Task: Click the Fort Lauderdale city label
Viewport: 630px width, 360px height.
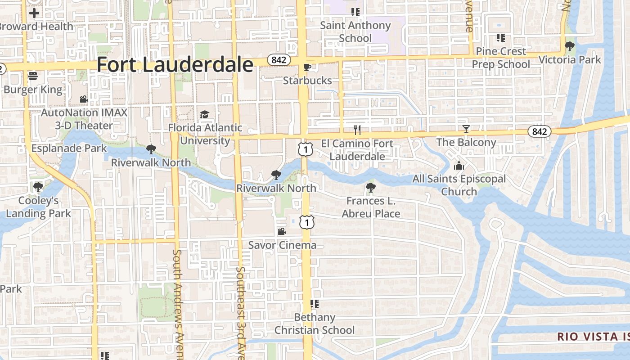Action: [175, 65]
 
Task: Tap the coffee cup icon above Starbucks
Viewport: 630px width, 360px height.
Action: [307, 67]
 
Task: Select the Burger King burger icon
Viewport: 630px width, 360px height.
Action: [33, 76]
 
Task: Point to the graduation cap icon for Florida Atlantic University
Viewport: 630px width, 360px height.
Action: [205, 114]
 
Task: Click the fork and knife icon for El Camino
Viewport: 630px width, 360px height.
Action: [357, 130]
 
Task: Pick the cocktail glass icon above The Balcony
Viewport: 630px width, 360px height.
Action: [466, 129]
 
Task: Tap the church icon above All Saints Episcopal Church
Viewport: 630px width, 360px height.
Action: [459, 166]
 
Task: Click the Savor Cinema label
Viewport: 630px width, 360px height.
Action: [282, 245]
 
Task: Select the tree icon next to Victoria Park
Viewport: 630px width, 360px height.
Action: [570, 46]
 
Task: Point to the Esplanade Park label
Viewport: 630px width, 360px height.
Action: [69, 148]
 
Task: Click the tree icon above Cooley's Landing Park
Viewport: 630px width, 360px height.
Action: [38, 187]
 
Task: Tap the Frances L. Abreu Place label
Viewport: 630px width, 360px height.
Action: [371, 207]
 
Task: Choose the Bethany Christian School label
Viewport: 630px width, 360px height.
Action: [315, 324]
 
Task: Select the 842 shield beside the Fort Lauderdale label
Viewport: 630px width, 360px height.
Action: [279, 60]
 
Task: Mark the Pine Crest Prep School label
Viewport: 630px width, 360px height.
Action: [501, 58]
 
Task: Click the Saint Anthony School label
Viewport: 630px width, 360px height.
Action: [355, 31]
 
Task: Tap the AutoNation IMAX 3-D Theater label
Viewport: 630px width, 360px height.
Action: [84, 119]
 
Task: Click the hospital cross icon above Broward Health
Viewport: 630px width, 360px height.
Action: [34, 13]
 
